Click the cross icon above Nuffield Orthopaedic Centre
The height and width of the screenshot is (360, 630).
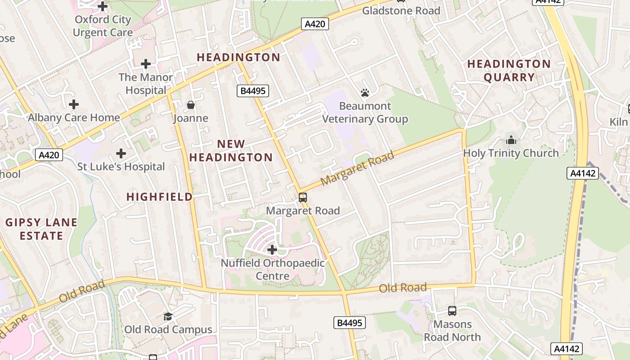[x=272, y=249]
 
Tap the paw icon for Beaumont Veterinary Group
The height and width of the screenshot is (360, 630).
[x=365, y=93]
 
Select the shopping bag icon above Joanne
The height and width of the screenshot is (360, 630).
[x=191, y=105]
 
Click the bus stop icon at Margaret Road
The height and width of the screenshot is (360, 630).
[x=303, y=197]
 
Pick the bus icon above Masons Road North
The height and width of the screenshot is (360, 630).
[x=452, y=310]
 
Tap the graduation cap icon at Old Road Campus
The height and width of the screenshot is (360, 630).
[x=168, y=316]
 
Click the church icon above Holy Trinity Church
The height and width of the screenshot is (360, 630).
[x=511, y=140]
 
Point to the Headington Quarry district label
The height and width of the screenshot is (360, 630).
[x=509, y=71]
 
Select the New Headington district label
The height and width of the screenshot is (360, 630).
[x=231, y=150]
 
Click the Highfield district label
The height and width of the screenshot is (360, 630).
[x=159, y=197]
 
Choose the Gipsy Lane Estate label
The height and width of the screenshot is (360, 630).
[x=41, y=229]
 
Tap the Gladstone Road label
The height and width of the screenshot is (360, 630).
[x=401, y=11]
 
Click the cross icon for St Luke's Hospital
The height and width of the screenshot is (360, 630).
[x=121, y=153]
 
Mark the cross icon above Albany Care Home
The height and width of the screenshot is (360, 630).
[x=74, y=105]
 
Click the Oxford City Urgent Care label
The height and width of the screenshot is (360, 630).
[x=103, y=26]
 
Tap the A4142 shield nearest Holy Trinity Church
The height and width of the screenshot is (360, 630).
[x=583, y=173]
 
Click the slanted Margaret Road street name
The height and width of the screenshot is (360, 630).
[x=358, y=168]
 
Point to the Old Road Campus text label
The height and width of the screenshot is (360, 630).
[x=168, y=329]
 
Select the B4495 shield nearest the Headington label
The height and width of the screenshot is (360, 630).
[x=253, y=91]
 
